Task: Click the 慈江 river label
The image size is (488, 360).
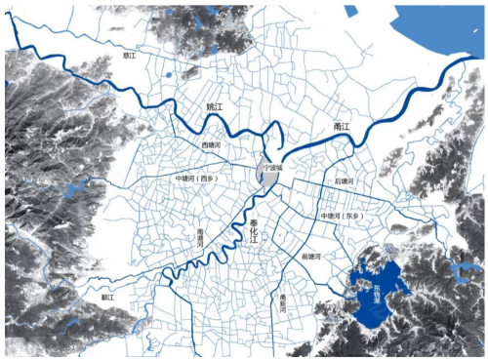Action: tap(129, 57)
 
